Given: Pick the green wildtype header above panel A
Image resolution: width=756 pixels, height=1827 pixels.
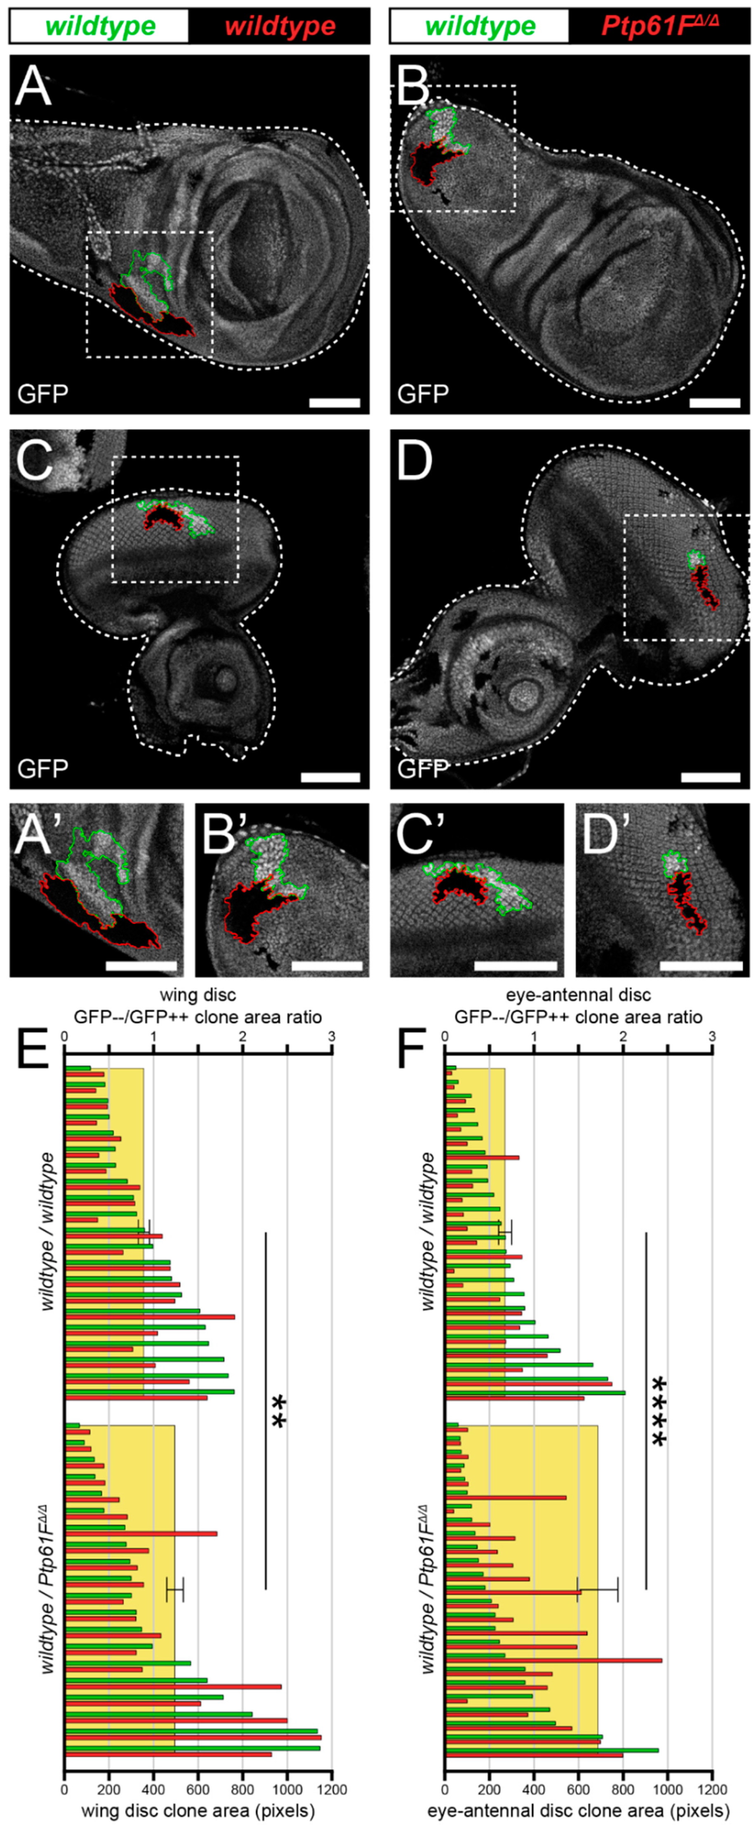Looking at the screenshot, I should tap(100, 26).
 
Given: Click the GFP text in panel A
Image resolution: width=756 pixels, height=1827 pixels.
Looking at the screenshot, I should tap(42, 394).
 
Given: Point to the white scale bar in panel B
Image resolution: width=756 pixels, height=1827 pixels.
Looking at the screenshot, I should tap(714, 403).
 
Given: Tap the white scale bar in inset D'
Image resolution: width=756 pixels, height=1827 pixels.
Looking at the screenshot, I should tap(701, 966).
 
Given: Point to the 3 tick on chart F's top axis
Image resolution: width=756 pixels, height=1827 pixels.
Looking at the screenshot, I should tap(712, 1036).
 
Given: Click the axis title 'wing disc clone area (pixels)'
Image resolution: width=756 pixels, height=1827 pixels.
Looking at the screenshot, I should tap(198, 1810).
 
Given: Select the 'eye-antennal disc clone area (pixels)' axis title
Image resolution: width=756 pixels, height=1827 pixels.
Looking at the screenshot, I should tap(578, 1810).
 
